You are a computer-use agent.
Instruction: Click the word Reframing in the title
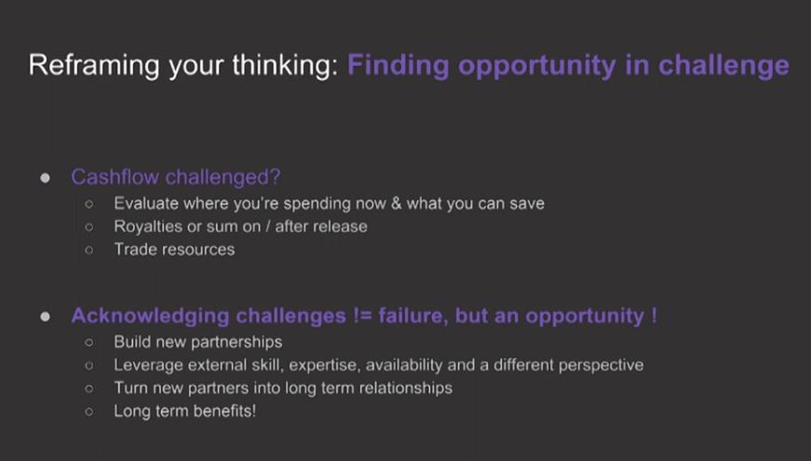tap(94, 66)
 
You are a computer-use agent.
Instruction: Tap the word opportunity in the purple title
tap(537, 66)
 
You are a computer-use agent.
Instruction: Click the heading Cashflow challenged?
tap(176, 177)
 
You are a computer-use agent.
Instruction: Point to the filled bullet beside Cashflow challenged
tap(45, 178)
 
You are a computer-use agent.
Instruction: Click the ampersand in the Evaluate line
tap(397, 203)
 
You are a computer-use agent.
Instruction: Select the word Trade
tap(136, 250)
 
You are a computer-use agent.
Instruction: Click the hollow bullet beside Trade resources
tap(89, 251)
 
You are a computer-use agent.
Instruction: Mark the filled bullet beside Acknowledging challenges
tap(45, 317)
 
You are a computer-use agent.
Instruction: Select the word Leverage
tap(148, 365)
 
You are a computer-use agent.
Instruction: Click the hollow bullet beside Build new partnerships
tap(89, 343)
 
